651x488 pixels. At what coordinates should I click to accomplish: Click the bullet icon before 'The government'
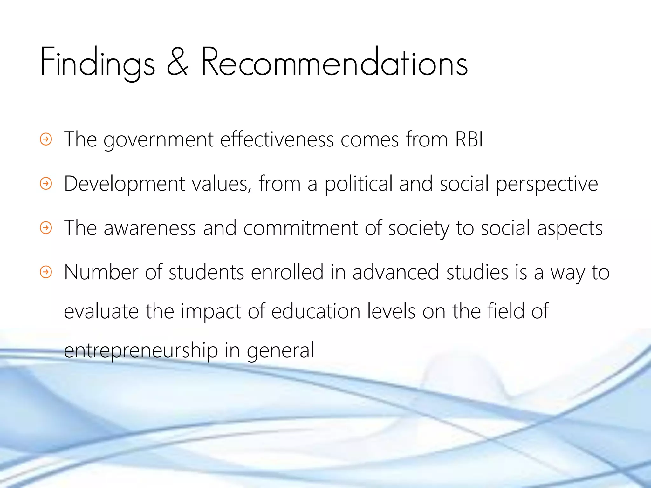46,139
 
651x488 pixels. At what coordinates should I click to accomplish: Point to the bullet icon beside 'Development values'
46,183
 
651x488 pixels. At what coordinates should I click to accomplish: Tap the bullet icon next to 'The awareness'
46,227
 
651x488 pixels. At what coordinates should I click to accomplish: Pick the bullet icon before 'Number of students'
46,272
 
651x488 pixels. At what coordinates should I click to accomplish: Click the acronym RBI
469,139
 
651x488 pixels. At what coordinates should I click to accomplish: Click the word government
159,140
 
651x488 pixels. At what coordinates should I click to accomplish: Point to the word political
358,184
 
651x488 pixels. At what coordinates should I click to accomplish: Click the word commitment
300,228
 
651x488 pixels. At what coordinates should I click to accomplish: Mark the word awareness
150,228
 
